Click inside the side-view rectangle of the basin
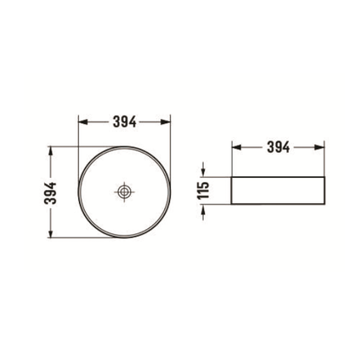[x=278, y=191]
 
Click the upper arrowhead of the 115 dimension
[x=207, y=173]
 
